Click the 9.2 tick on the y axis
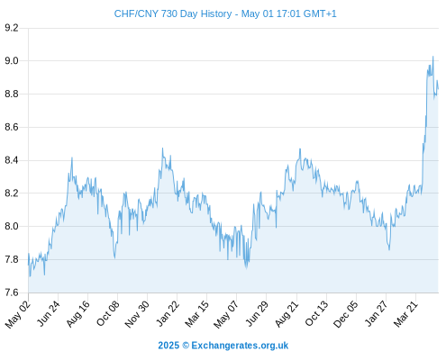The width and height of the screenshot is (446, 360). pyautogui.click(x=12, y=28)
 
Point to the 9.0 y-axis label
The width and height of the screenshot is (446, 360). pyautogui.click(x=12, y=61)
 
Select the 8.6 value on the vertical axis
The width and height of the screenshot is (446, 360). pyautogui.click(x=12, y=127)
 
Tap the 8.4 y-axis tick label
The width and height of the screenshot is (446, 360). pyautogui.click(x=12, y=160)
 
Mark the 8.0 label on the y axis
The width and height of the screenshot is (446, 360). pyautogui.click(x=12, y=226)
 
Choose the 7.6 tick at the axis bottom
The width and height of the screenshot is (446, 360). pyautogui.click(x=12, y=292)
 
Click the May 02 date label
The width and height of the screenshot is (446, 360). pyautogui.click(x=18, y=314)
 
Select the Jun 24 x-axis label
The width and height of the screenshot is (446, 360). pyautogui.click(x=49, y=313)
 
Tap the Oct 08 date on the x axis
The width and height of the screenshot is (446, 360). pyautogui.click(x=108, y=313)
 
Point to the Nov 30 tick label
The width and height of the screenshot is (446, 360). pyautogui.click(x=137, y=314)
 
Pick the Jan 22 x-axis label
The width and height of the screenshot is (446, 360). pyautogui.click(x=168, y=313)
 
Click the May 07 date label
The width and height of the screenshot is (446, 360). pyautogui.click(x=226, y=314)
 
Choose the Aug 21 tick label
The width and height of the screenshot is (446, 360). pyautogui.click(x=287, y=314)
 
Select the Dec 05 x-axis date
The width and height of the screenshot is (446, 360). pyautogui.click(x=346, y=314)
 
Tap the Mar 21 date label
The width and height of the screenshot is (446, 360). pyautogui.click(x=406, y=314)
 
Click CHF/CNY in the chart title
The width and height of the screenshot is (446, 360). pyautogui.click(x=136, y=13)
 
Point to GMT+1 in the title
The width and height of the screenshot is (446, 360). pyautogui.click(x=320, y=13)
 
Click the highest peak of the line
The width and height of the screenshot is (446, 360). pyautogui.click(x=432, y=56)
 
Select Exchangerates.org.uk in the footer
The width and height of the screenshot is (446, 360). pyautogui.click(x=240, y=346)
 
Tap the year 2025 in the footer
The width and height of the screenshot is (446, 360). pyautogui.click(x=168, y=346)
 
